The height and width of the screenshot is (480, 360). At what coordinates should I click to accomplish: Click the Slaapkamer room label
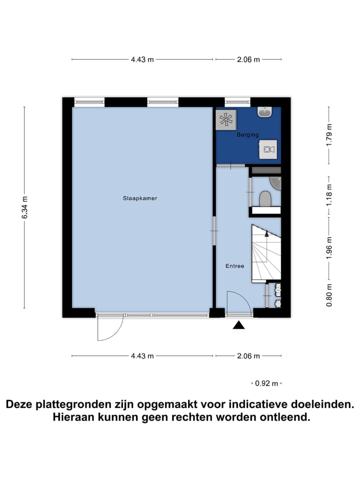(x=140, y=198)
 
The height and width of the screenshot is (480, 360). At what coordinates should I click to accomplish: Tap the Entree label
(x=234, y=266)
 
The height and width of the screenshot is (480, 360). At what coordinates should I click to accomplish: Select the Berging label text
(x=248, y=135)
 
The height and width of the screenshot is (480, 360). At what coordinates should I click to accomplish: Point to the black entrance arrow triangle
(x=239, y=325)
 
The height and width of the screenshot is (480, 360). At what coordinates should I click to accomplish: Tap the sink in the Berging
(x=264, y=112)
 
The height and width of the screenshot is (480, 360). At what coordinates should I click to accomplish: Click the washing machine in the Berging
(x=268, y=149)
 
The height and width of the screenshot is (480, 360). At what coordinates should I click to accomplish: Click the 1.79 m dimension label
(x=328, y=135)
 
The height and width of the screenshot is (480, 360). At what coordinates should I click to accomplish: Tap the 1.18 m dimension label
(x=328, y=195)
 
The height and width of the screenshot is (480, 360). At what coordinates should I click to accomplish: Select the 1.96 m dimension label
(x=328, y=247)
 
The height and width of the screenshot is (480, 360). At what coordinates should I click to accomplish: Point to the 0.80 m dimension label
(x=328, y=295)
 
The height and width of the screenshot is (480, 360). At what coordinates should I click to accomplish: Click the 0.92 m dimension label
(x=266, y=383)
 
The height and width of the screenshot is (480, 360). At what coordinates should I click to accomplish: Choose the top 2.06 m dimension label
(x=248, y=59)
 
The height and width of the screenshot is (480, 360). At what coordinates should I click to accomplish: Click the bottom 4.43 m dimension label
(x=142, y=356)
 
